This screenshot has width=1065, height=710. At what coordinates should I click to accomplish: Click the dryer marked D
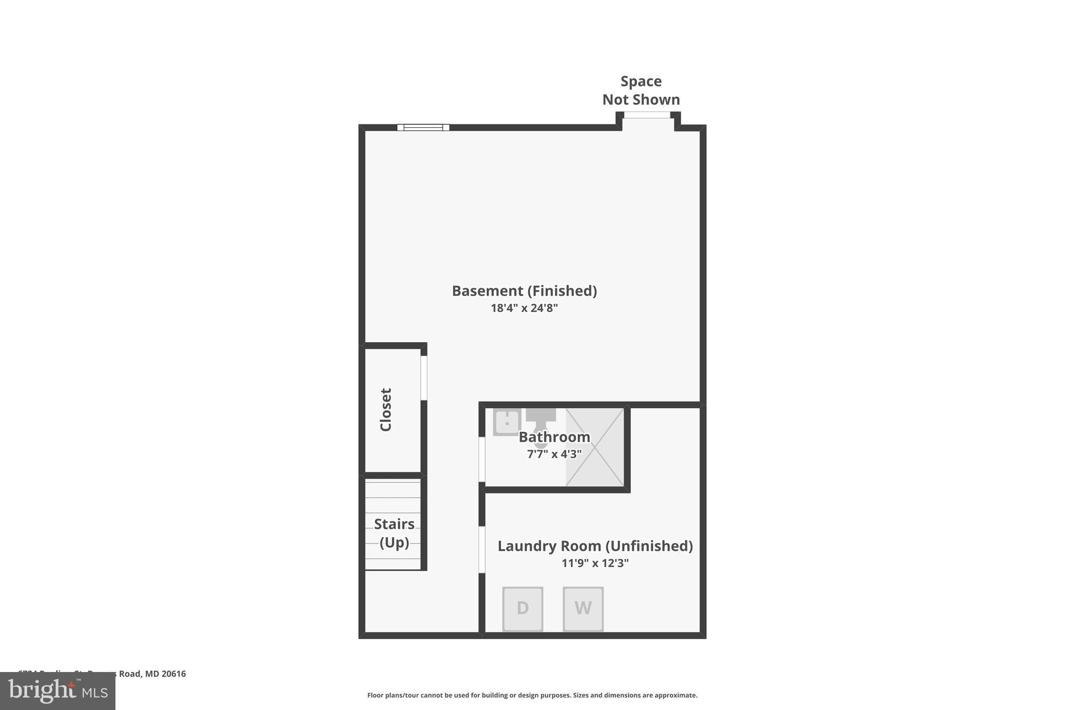(x=523, y=609)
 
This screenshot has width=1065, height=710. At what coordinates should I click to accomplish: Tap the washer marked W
(x=583, y=609)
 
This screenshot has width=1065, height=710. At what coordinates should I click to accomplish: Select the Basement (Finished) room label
(x=524, y=291)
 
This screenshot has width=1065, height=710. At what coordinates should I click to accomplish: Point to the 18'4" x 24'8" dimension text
(x=524, y=308)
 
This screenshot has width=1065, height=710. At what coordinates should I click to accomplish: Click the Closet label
(x=386, y=410)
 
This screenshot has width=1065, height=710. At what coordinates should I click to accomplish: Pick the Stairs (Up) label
(x=394, y=533)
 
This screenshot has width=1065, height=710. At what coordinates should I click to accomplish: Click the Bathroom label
(x=554, y=437)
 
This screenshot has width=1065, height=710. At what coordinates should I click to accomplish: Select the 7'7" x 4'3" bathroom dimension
(x=554, y=454)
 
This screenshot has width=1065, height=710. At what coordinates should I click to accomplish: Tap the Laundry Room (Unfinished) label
(x=595, y=546)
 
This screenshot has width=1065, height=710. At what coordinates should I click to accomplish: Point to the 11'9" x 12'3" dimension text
(x=595, y=563)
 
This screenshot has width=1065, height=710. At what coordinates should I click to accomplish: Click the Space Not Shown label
(x=641, y=91)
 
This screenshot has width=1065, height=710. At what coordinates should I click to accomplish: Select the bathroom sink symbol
(x=506, y=422)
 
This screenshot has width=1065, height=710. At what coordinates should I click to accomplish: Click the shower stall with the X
(x=595, y=447)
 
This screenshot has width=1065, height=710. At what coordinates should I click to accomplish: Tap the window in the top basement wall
(x=423, y=127)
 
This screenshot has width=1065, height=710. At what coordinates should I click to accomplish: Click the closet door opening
(x=424, y=378)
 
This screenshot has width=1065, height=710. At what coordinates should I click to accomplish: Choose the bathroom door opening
(x=482, y=459)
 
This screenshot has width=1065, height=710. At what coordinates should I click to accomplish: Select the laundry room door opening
(x=482, y=549)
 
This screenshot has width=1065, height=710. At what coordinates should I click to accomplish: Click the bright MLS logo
(x=58, y=691)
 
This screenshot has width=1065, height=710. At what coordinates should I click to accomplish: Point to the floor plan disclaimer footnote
(x=532, y=695)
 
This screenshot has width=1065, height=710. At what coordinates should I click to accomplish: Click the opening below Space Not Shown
(x=647, y=115)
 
